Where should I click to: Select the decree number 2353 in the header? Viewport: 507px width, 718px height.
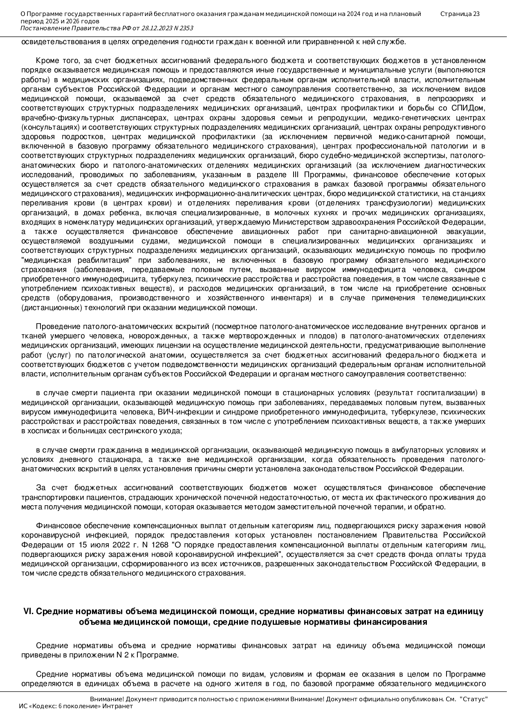point(186,28)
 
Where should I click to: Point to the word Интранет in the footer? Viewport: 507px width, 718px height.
point(118,706)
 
